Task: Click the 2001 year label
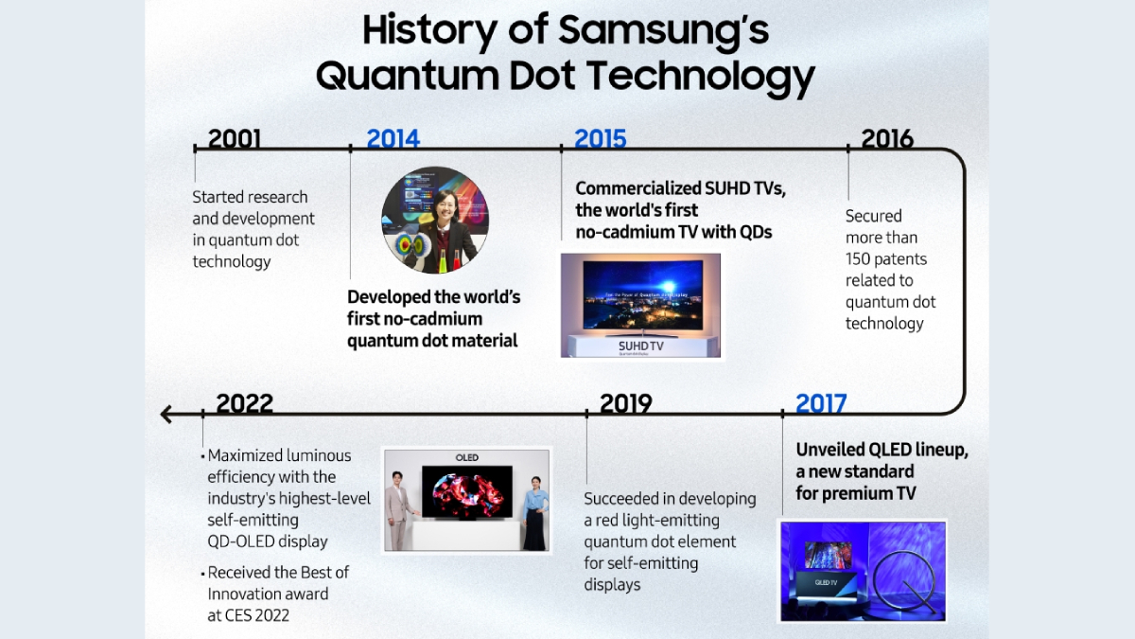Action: point(235,138)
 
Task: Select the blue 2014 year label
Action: point(393,138)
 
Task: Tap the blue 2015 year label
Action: point(601,138)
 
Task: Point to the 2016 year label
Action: point(887,138)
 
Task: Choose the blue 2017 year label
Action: point(821,403)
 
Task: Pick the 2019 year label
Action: point(626,403)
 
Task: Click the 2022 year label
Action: point(244,403)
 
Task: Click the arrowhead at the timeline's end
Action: point(166,415)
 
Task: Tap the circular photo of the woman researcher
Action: point(435,220)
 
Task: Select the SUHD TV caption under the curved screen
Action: point(641,346)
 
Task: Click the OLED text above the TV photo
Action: point(466,457)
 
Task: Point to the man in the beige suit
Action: point(400,510)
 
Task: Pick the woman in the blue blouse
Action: point(535,513)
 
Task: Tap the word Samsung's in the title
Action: point(663,29)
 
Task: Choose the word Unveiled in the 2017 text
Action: point(829,450)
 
